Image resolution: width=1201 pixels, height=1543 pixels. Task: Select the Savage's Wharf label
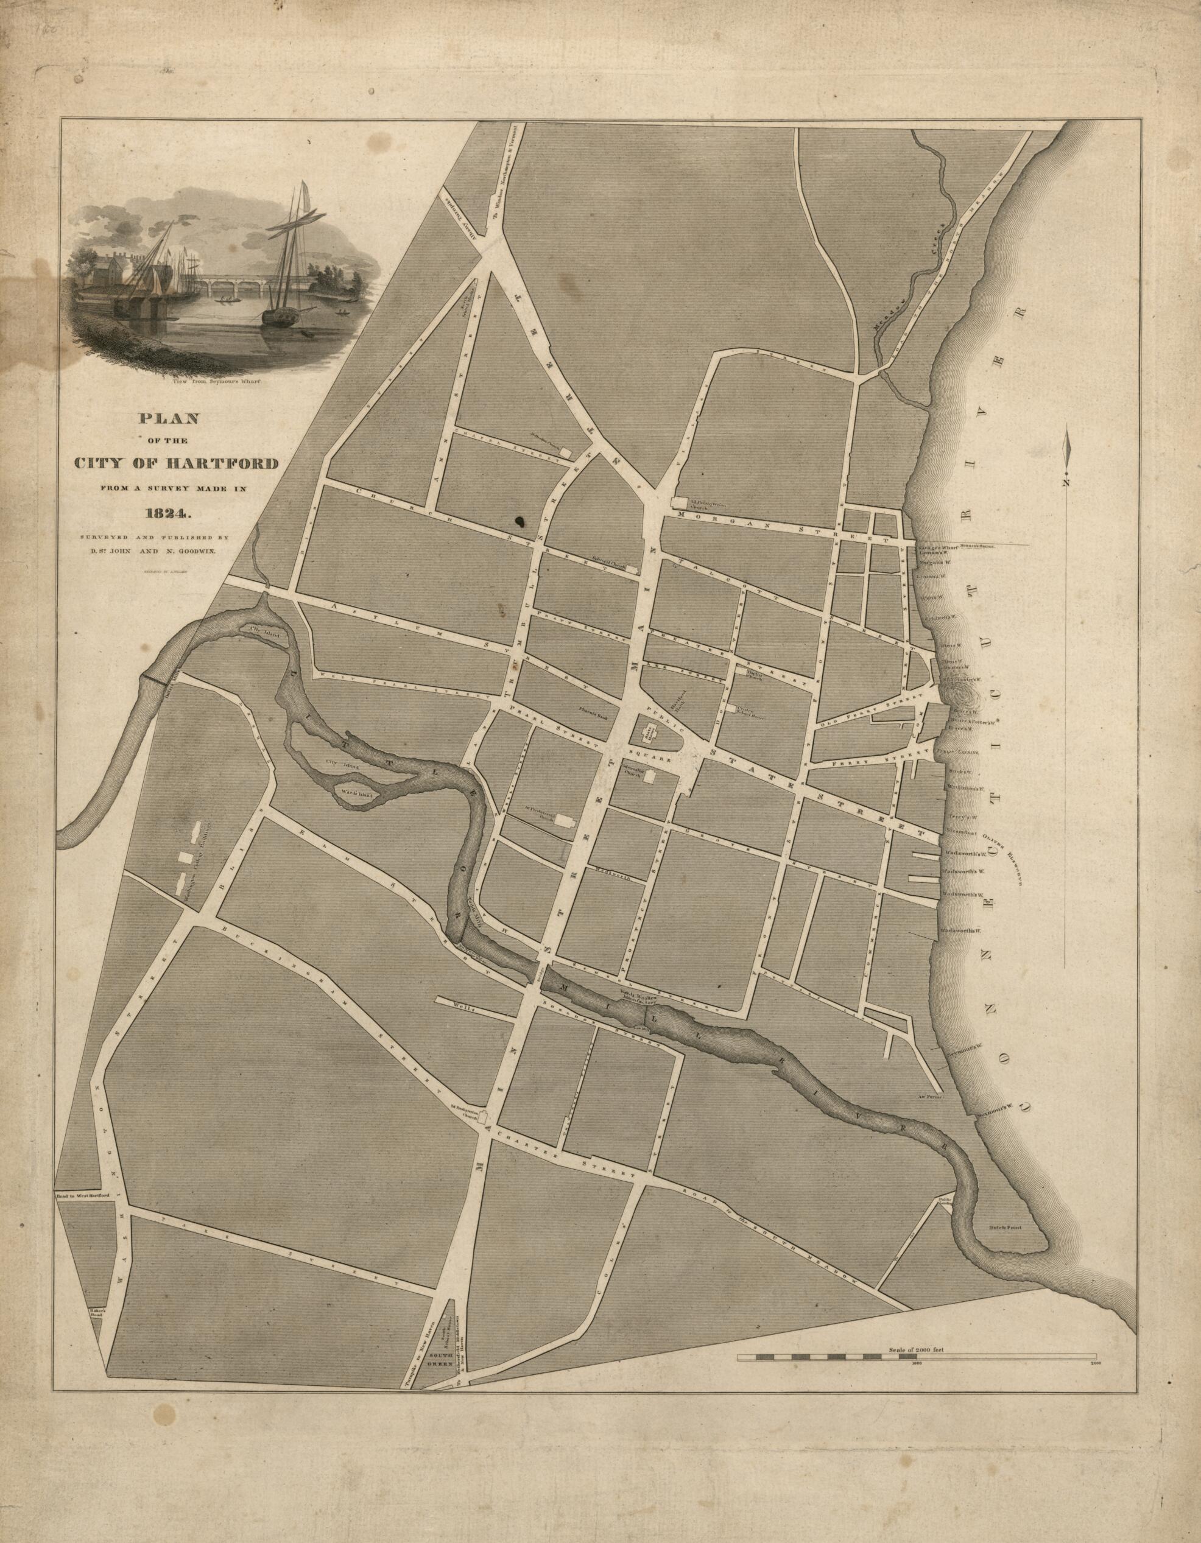936,548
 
